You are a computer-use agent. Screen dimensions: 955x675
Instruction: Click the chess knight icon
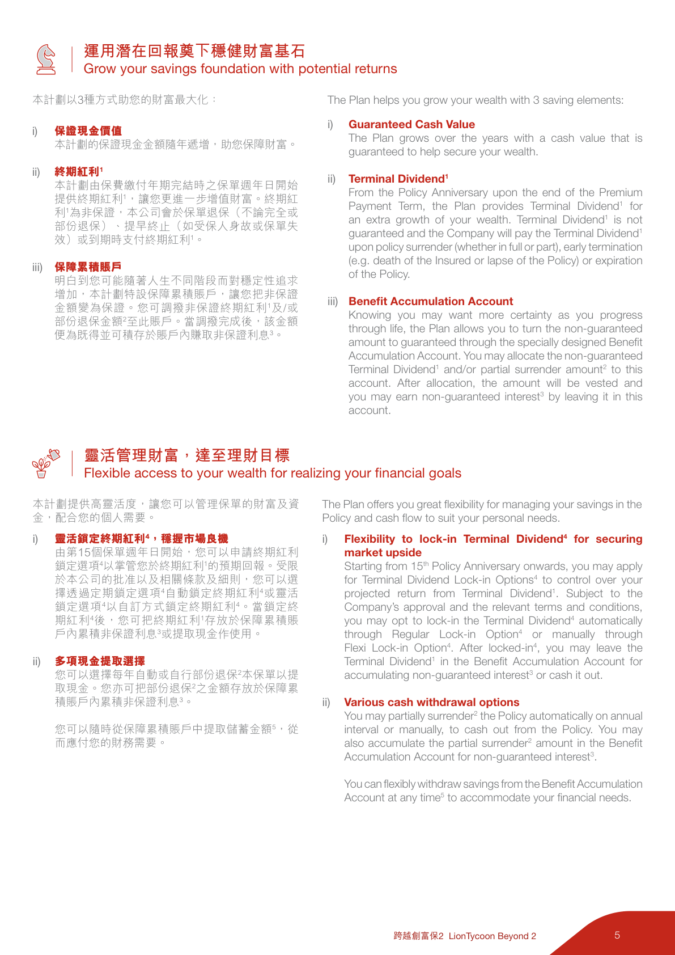(46, 59)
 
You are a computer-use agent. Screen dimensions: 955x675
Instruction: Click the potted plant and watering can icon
(46, 463)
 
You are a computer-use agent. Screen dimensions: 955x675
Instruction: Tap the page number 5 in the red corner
(617, 935)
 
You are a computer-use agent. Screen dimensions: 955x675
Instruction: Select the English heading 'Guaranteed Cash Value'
(411, 124)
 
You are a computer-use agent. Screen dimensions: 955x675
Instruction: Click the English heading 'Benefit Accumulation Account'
(431, 301)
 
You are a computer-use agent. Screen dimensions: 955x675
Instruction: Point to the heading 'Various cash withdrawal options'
(431, 702)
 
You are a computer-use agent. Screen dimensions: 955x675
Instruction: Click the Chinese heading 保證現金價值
(88, 131)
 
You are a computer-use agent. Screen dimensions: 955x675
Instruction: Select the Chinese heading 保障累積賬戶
(88, 267)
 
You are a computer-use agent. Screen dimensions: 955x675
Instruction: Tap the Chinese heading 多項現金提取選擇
(100, 661)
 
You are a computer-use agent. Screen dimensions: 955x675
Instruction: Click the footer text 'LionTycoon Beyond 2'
(492, 936)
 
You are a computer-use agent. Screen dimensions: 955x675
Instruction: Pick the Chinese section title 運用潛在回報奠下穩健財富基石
(194, 51)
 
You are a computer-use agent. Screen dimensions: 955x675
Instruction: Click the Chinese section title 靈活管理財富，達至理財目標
(186, 455)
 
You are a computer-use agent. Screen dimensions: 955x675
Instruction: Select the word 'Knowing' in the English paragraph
(370, 315)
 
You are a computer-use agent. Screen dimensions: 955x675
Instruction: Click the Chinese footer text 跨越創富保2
(418, 936)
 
